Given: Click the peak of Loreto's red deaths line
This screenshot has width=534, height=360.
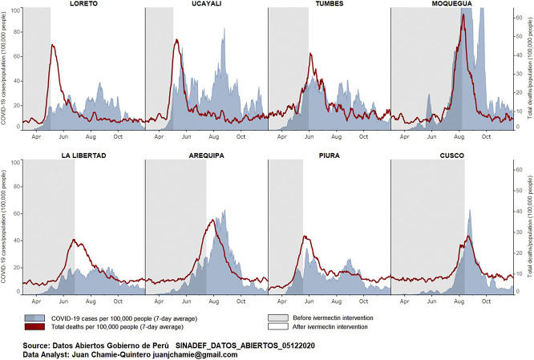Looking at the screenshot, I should pyautogui.click(x=53, y=46).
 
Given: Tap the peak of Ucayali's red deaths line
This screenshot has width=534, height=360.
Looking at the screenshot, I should pyautogui.click(x=176, y=40).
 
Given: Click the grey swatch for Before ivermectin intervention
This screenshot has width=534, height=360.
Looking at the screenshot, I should pyautogui.click(x=278, y=318).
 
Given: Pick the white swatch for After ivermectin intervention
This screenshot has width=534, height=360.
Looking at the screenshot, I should pyautogui.click(x=278, y=327).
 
